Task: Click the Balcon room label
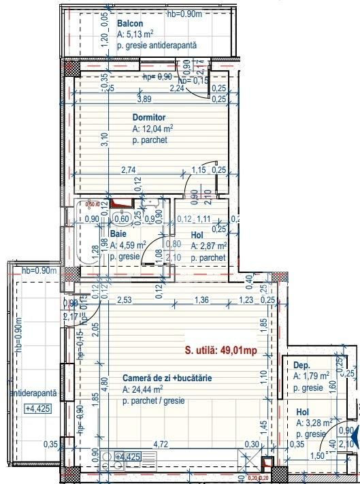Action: coord(129,22)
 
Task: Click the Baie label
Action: coord(117,233)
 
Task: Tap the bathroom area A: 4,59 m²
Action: coord(127,245)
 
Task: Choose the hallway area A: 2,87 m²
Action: coord(209,246)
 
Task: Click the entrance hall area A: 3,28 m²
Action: coord(314,423)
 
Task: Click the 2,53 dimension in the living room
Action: coord(124,300)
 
